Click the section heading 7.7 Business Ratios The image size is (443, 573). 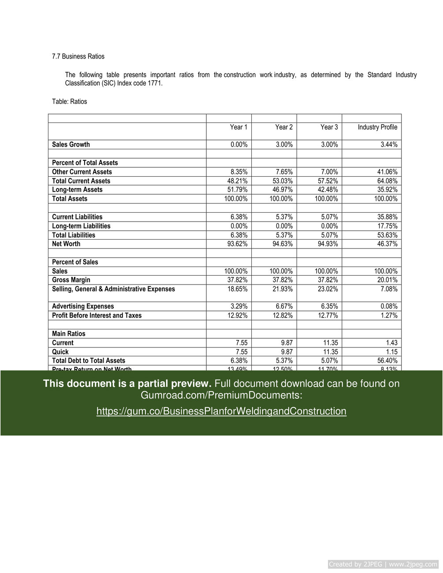click(78, 56)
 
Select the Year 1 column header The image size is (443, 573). click(238, 127)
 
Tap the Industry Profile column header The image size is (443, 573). click(377, 127)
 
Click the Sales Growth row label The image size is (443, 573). click(71, 144)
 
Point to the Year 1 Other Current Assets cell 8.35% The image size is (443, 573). click(239, 172)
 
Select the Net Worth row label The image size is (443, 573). click(66, 244)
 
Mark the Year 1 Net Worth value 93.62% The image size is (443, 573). click(237, 244)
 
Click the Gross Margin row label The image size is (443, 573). click(71, 280)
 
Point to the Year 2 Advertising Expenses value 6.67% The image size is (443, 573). click(284, 307)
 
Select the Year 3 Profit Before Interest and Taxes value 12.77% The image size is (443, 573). click(328, 315)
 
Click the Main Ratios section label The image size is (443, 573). click(69, 334)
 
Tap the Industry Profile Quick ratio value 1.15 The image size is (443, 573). click(391, 352)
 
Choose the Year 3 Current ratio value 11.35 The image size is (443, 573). click(331, 343)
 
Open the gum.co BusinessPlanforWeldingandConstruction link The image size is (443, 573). click(221, 411)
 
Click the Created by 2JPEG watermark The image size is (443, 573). click(383, 564)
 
